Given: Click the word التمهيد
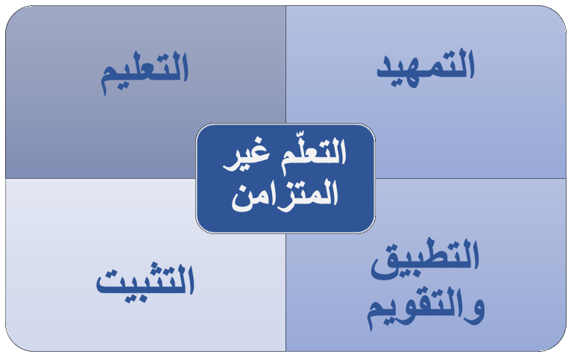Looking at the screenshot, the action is tap(426, 68).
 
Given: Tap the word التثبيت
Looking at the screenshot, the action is tap(145, 282).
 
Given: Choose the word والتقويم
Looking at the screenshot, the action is tap(426, 309).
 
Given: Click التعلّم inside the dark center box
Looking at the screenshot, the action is tap(314, 154).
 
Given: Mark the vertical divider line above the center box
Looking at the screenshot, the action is tap(286, 64).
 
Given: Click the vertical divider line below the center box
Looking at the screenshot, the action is tap(286, 292).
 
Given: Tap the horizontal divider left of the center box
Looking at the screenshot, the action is tap(101, 179).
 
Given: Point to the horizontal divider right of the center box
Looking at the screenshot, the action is tap(471, 179).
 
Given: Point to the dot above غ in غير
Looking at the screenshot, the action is tap(258, 140).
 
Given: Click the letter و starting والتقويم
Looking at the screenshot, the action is tap(475, 312).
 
